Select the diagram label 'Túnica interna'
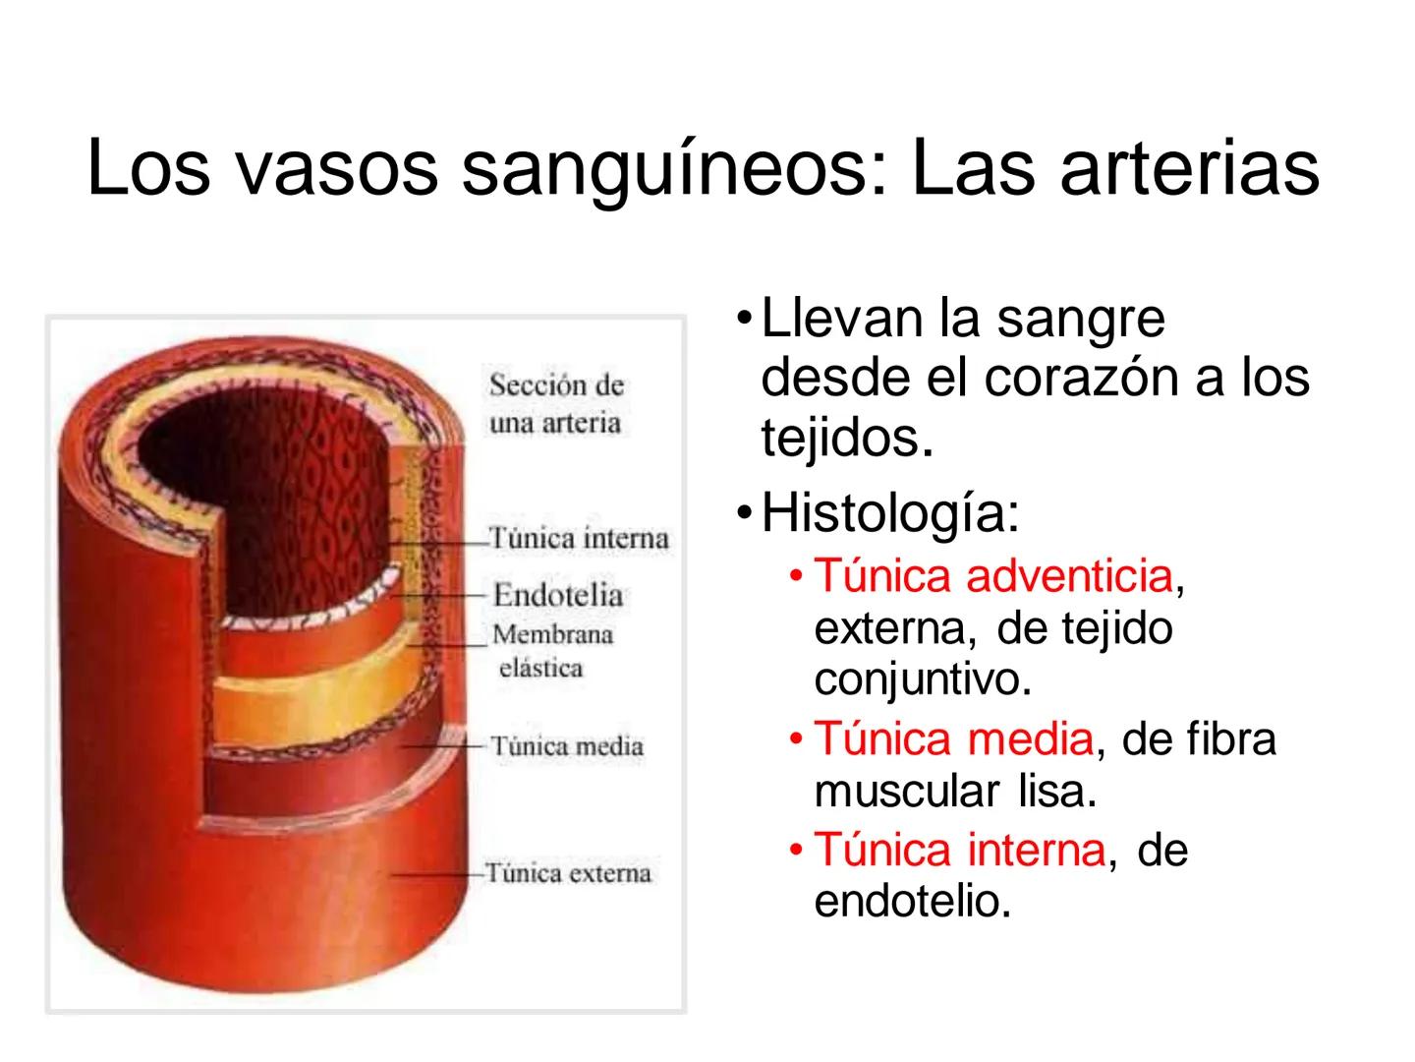click(580, 539)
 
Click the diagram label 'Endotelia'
click(557, 595)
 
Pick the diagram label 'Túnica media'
click(566, 746)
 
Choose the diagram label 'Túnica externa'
click(568, 873)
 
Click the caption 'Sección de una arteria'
click(556, 404)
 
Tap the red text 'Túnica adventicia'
click(993, 576)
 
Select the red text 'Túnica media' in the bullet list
click(953, 738)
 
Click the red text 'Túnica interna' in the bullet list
click(960, 850)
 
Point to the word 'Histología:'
click(890, 513)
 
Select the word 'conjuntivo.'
click(923, 680)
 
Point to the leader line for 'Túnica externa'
click(437, 873)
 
